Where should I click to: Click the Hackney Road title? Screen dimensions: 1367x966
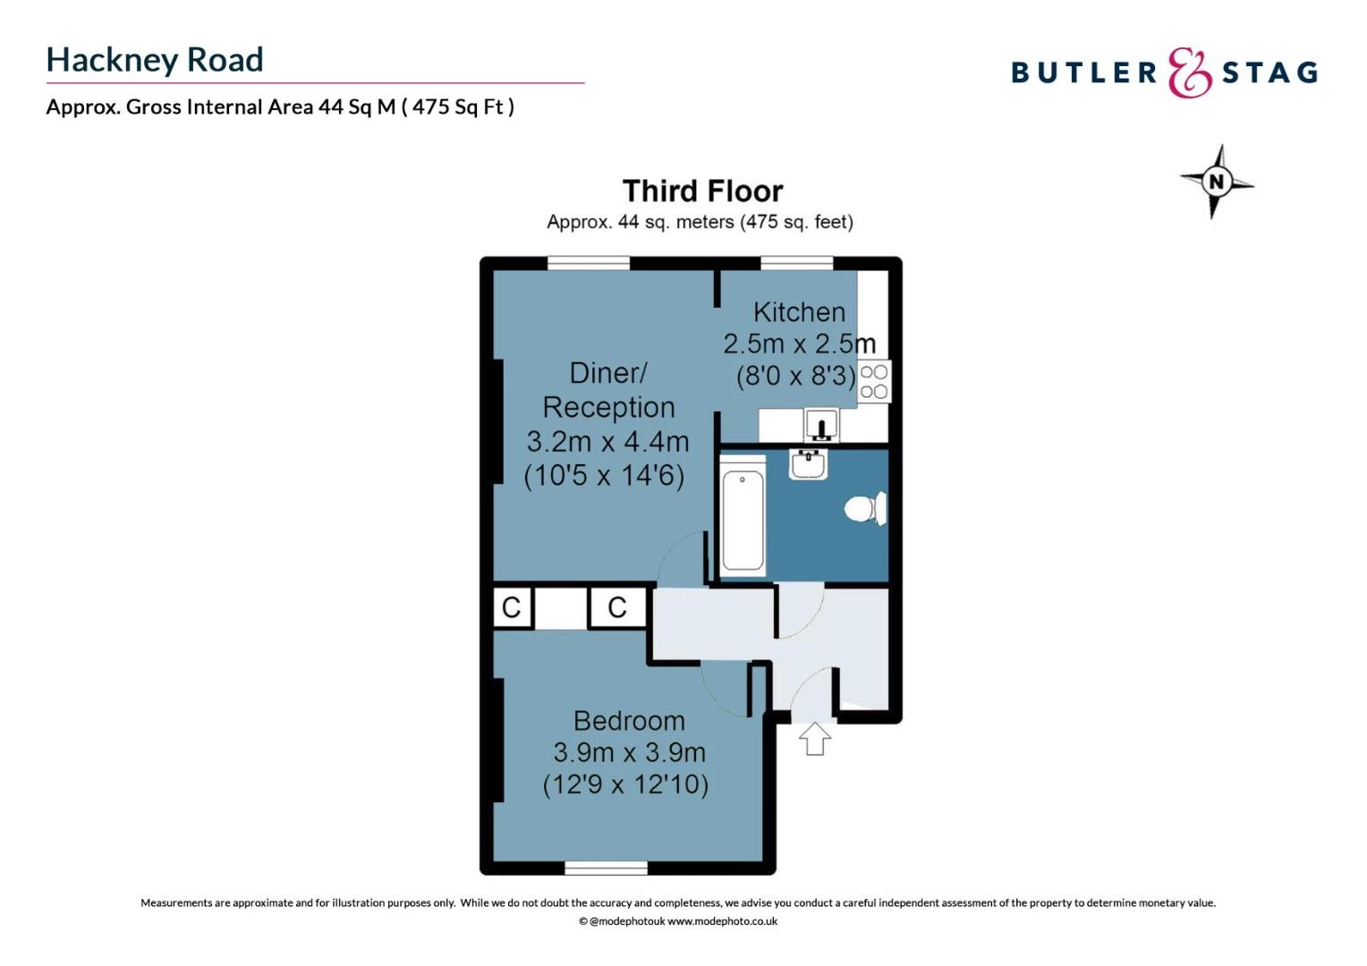(155, 61)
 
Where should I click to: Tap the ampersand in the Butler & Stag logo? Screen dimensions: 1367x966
(1189, 72)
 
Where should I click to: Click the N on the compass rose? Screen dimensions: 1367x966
(1217, 182)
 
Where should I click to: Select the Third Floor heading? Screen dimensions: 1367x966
(702, 191)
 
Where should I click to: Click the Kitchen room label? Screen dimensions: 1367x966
(799, 312)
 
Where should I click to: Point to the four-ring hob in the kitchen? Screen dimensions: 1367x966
(873, 382)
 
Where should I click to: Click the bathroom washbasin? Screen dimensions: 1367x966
(809, 464)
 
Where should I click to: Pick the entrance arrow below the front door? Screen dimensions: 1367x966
(815, 739)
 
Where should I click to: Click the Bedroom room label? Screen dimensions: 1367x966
(629, 721)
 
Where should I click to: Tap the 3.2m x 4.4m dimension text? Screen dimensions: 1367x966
(607, 441)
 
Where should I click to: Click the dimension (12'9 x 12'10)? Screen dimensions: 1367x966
(625, 784)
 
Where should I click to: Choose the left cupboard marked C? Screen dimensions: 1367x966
(512, 607)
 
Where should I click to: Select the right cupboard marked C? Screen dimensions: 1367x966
(617, 607)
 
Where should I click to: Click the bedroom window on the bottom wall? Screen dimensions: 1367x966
(606, 867)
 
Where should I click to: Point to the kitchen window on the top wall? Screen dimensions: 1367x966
(796, 263)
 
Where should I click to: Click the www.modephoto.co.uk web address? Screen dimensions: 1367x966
(722, 921)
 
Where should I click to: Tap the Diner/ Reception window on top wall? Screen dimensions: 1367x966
(589, 263)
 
